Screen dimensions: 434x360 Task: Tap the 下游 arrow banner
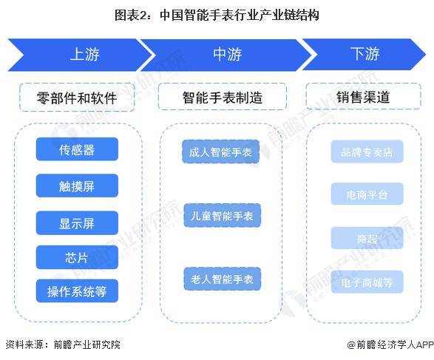point(365,54)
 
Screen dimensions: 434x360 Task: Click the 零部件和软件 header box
point(77,98)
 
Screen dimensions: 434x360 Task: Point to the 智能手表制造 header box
point(223,97)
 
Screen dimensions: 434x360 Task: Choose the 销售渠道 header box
point(363,96)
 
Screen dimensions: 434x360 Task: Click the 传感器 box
point(77,149)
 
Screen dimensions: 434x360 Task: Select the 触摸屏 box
point(77,186)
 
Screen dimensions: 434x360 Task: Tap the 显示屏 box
point(77,223)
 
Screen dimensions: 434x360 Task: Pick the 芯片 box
point(77,257)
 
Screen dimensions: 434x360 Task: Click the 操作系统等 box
point(77,291)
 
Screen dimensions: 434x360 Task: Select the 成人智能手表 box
point(220,152)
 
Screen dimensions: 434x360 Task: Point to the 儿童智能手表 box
point(223,215)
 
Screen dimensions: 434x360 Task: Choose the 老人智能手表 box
point(223,279)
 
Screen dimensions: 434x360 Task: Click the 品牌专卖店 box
point(367,152)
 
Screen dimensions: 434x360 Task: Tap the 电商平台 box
point(367,194)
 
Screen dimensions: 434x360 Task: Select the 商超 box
point(367,238)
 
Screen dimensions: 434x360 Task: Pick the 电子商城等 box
point(367,282)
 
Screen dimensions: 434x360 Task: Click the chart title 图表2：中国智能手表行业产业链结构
point(217,15)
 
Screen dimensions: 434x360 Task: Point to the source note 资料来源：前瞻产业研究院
point(63,344)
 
